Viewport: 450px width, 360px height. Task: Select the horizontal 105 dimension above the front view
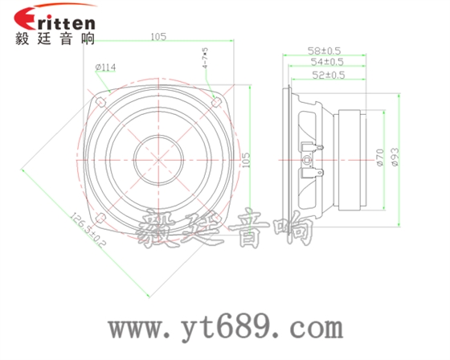coord(157,36)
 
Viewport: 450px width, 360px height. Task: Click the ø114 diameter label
coord(106,67)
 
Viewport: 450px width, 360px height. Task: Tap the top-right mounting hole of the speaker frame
coord(215,100)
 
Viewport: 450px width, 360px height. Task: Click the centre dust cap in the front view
coord(159,157)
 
